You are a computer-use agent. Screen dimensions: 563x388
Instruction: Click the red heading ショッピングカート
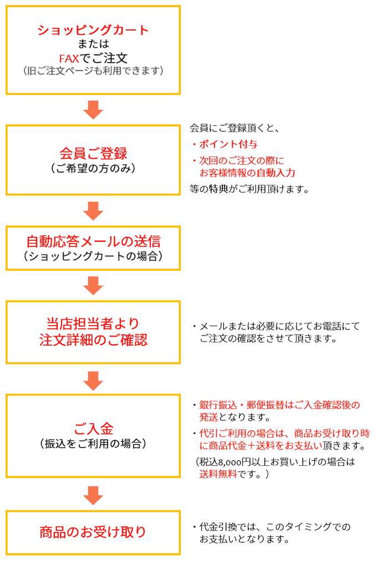[x=93, y=29]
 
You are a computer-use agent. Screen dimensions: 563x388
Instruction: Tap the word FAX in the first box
[x=70, y=58]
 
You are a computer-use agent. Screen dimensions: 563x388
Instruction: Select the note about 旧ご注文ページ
[x=93, y=70]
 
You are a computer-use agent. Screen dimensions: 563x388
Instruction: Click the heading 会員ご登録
[x=93, y=153]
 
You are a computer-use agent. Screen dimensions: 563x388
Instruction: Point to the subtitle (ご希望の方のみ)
[x=93, y=168]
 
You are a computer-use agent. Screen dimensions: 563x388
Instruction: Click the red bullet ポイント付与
[x=228, y=144]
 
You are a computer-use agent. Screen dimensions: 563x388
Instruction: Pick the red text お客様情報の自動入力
[x=247, y=173]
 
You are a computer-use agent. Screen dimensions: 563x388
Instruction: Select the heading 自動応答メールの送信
[x=93, y=241]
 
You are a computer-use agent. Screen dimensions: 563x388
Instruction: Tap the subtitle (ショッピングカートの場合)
[x=93, y=256]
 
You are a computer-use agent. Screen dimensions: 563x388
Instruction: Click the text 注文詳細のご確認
[x=93, y=339]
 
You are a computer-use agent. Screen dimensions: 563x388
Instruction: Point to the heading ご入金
[x=93, y=429]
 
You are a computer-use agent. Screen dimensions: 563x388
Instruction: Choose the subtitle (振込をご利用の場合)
[x=93, y=443]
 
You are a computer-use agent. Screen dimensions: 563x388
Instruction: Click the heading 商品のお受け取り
[x=93, y=532]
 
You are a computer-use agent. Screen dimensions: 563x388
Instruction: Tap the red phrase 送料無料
[x=218, y=474]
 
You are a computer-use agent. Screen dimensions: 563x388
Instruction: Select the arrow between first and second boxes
[x=93, y=109]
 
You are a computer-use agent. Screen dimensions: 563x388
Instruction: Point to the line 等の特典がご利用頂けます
[x=249, y=189]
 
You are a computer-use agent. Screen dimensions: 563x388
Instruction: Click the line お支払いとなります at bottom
[x=244, y=539]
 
